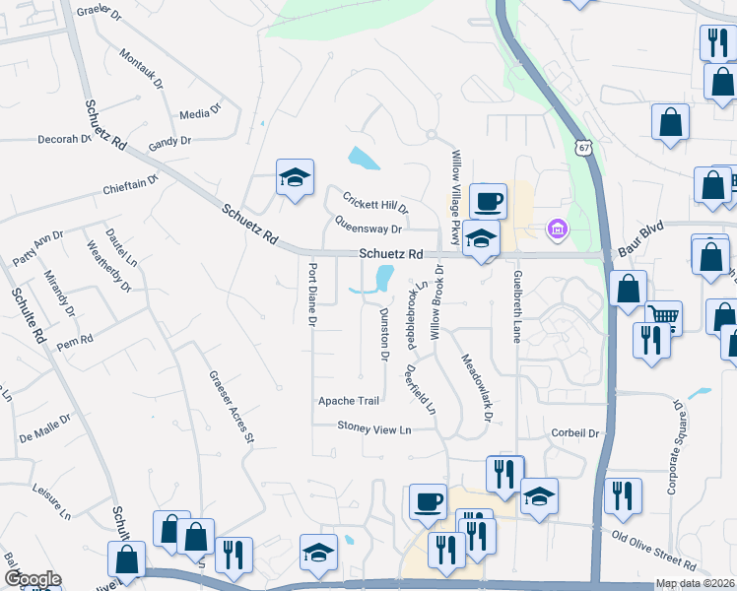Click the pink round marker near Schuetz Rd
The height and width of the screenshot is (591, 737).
pyautogui.click(x=557, y=230)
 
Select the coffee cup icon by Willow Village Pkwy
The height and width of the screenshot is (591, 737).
pyautogui.click(x=489, y=202)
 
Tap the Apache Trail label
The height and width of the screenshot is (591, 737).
pyautogui.click(x=348, y=401)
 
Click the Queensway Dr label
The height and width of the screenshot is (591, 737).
pyautogui.click(x=368, y=227)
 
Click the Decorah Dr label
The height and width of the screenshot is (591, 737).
pyautogui.click(x=64, y=139)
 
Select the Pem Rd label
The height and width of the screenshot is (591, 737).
pyautogui.click(x=74, y=341)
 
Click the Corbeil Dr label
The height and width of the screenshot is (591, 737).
pyautogui.click(x=575, y=432)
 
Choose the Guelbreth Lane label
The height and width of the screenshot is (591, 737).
pyautogui.click(x=515, y=307)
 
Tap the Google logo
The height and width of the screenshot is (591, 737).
pyautogui.click(x=33, y=578)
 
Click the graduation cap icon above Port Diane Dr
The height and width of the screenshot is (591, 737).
pyautogui.click(x=295, y=178)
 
